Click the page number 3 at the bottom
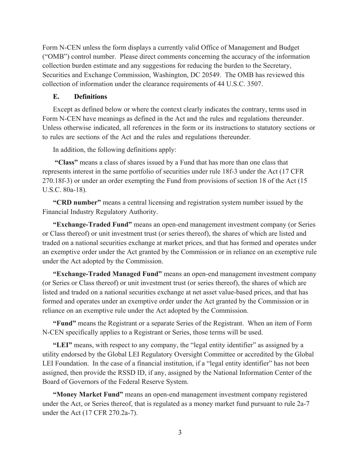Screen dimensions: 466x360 [180, 433]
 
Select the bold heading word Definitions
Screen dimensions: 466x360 [91, 97]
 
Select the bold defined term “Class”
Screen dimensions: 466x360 [66, 163]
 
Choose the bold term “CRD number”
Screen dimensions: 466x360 [77, 202]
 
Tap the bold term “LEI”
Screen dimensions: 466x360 [63, 345]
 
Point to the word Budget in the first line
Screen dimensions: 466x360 [289, 48]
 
